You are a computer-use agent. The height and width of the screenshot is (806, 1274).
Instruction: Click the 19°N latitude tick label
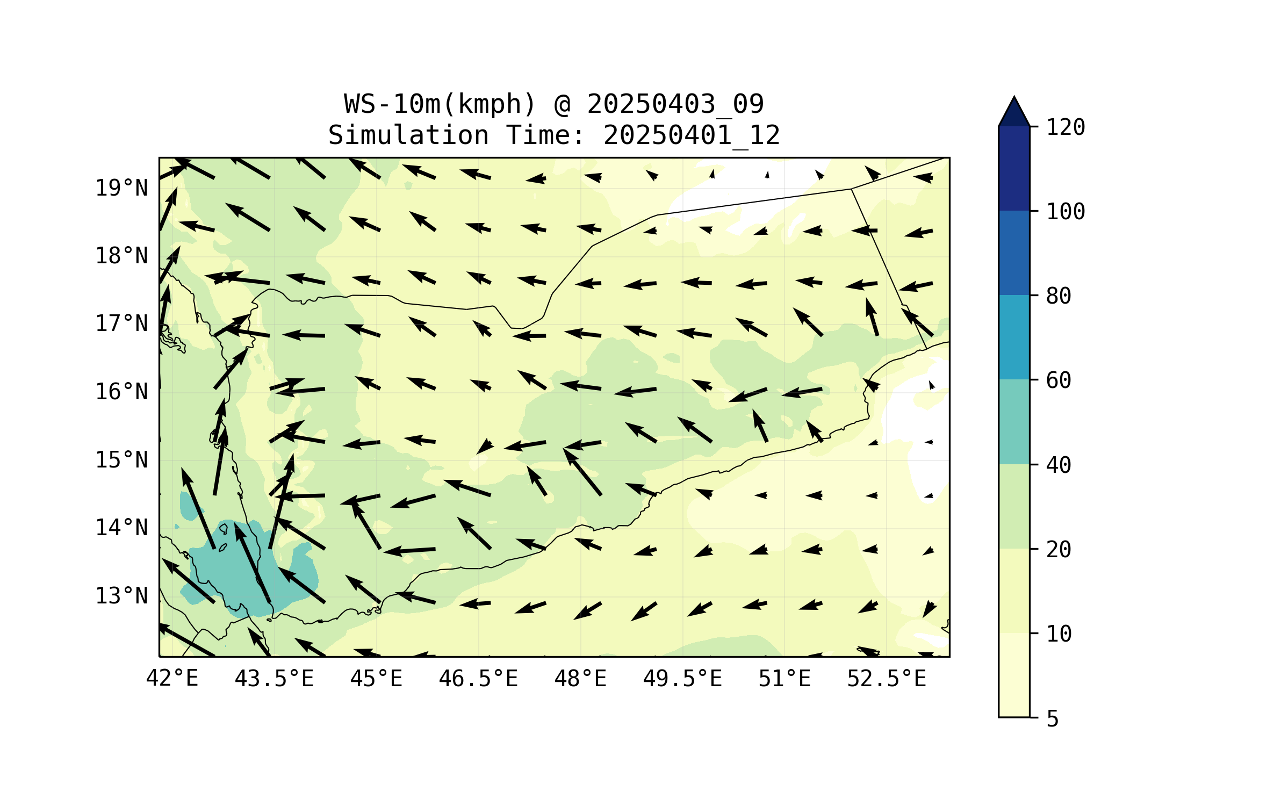coord(121,188)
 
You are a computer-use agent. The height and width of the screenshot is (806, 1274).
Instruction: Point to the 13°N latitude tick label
coord(121,596)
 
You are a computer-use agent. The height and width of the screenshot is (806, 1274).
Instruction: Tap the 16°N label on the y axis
coord(121,392)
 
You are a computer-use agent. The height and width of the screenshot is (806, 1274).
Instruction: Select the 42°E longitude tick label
coord(172,679)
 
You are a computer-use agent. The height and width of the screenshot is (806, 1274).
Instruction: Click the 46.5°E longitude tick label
coord(478,679)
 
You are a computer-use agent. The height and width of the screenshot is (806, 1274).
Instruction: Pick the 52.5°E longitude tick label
coord(887,679)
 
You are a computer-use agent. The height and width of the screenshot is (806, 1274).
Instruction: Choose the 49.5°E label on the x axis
coord(682,679)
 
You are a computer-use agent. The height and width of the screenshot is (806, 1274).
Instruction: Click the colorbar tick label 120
coord(1066,127)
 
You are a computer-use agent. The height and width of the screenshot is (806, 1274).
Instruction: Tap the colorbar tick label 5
coord(1053,719)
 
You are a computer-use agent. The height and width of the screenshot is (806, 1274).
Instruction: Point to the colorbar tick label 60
coord(1059,380)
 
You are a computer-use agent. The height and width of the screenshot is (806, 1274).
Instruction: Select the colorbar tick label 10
coord(1059,634)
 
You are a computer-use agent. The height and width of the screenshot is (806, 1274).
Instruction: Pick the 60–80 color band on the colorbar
coord(1014,337)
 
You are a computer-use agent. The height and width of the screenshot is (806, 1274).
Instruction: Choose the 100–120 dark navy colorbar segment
coord(1014,168)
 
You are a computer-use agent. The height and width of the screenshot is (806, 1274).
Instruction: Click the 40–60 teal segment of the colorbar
coord(1014,422)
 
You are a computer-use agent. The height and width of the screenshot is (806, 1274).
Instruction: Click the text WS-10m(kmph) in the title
coord(440,104)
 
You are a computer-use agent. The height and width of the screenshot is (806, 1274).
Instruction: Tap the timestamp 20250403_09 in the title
coord(675,104)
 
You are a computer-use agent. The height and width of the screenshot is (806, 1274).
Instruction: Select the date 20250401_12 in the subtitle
coord(692,135)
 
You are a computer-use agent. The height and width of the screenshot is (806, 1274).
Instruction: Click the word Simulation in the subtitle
coord(408,135)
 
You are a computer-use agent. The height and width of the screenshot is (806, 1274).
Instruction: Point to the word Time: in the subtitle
coord(545,135)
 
